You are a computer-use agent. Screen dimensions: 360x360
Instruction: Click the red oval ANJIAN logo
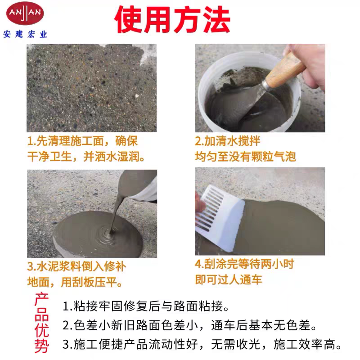25,13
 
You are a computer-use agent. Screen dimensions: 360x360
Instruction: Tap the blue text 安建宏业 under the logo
25,35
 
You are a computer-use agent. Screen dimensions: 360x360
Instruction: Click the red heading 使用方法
172,20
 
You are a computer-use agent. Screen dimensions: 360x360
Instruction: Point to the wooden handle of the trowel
285,71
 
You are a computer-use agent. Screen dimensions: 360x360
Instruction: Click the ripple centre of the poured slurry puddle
111,234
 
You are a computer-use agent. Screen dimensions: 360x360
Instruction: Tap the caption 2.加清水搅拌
228,141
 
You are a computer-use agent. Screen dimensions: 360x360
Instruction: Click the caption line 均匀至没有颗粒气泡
245,157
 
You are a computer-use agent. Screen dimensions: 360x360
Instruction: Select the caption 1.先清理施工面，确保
82,141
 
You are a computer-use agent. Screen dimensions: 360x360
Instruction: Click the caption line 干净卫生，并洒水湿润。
86,157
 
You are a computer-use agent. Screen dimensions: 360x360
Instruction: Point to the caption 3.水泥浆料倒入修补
76,266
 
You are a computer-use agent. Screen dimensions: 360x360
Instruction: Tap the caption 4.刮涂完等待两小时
244,264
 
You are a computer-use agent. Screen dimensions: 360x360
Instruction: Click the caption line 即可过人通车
229,279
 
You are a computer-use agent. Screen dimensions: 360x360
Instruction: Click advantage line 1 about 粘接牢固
146,306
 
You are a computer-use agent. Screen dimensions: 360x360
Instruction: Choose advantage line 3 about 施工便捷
202,344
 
